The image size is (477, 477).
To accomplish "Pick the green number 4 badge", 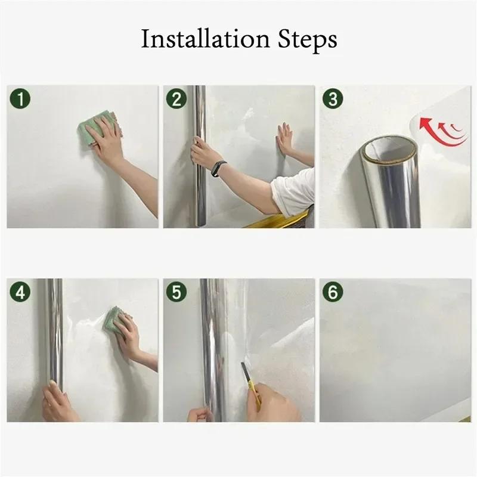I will point(21,293).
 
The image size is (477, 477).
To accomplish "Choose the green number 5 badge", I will point(176,293).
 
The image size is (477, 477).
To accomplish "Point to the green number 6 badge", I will point(333,293).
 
